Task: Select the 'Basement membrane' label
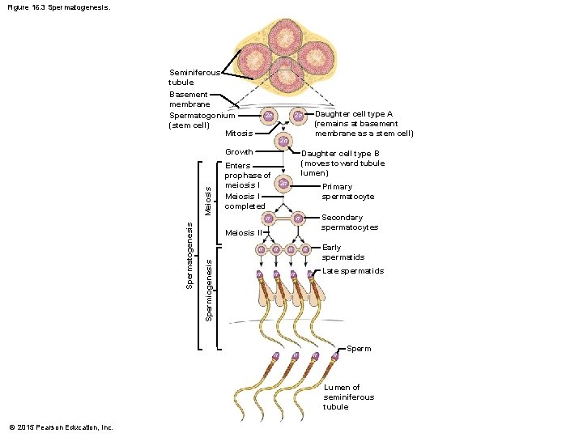click(x=189, y=99)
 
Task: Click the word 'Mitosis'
click(x=239, y=133)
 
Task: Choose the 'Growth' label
click(x=239, y=152)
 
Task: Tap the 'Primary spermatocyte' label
click(x=347, y=192)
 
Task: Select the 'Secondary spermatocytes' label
click(x=349, y=223)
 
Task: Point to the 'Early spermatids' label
click(x=343, y=252)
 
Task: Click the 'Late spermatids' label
click(x=352, y=271)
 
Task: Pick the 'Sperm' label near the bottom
click(x=359, y=349)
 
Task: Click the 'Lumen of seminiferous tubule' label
click(x=348, y=397)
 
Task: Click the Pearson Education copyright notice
click(x=62, y=427)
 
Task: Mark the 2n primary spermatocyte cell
click(x=283, y=184)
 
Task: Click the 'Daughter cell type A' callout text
click(x=364, y=124)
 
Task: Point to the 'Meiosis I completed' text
click(x=245, y=201)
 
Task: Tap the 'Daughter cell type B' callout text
click(x=342, y=163)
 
